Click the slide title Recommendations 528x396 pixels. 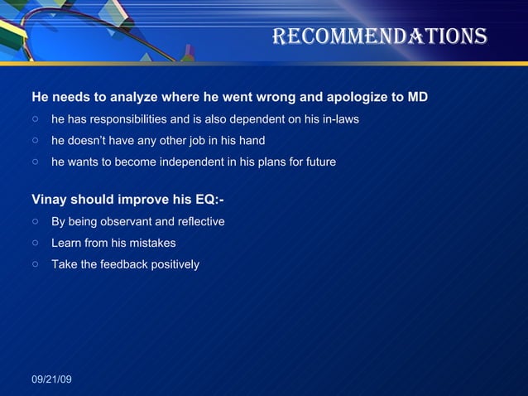coord(379,36)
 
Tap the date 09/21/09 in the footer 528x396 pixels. coord(51,379)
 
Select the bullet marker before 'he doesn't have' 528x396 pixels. coord(36,141)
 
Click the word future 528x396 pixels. coord(318,162)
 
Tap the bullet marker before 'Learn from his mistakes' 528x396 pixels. coord(36,244)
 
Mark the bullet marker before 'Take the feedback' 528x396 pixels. coord(36,265)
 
